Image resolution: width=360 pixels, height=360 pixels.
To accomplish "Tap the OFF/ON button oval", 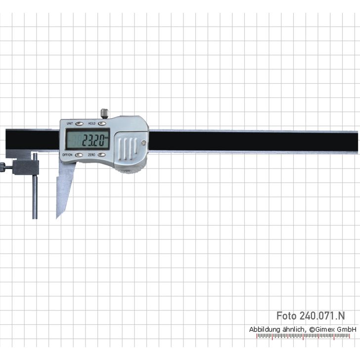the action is (79, 155).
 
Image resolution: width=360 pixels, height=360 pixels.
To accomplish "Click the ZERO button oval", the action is (102, 155).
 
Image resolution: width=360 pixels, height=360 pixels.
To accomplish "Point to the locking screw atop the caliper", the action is (105, 113).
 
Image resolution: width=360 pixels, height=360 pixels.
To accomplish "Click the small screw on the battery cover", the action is (144, 143).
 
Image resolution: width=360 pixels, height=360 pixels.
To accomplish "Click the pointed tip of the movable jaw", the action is (57, 217).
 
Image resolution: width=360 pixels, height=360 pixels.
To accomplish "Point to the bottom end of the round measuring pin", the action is (35, 218).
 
